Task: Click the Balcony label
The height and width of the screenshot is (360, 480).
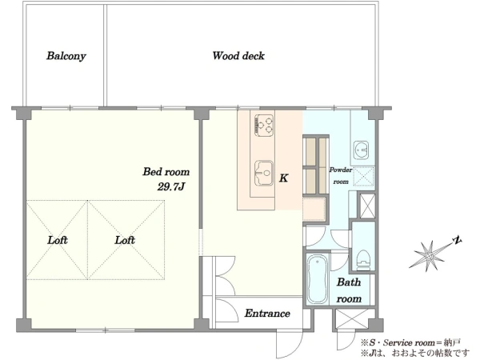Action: (66, 56)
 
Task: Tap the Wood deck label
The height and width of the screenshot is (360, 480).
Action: (238, 56)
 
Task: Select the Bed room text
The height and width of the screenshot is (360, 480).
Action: (166, 171)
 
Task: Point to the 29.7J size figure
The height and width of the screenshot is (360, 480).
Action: (171, 186)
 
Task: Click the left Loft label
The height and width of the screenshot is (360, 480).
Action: (58, 240)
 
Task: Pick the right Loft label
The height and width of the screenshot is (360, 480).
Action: (125, 240)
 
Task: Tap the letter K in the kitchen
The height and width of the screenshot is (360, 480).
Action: (284, 178)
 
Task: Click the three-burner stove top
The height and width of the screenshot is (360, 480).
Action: (264, 126)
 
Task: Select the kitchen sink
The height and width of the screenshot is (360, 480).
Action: (264, 174)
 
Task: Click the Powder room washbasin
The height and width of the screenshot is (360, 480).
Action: (361, 150)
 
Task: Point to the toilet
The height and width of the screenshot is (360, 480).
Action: (364, 260)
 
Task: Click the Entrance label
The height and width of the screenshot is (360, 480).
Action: (267, 313)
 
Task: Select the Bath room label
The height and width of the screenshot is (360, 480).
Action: (349, 290)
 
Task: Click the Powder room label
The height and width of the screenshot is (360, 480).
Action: (341, 176)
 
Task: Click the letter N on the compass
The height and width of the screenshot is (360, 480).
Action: (458, 240)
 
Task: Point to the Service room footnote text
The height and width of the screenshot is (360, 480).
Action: (410, 342)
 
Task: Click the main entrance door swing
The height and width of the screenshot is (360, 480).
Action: (288, 343)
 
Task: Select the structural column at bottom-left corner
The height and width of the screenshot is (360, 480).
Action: (23, 325)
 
